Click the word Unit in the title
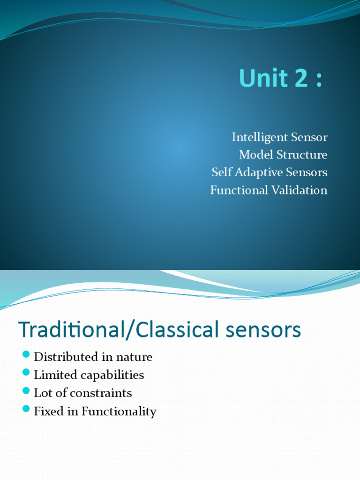[x=259, y=78]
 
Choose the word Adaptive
[x=255, y=172]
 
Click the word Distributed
[x=63, y=357]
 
